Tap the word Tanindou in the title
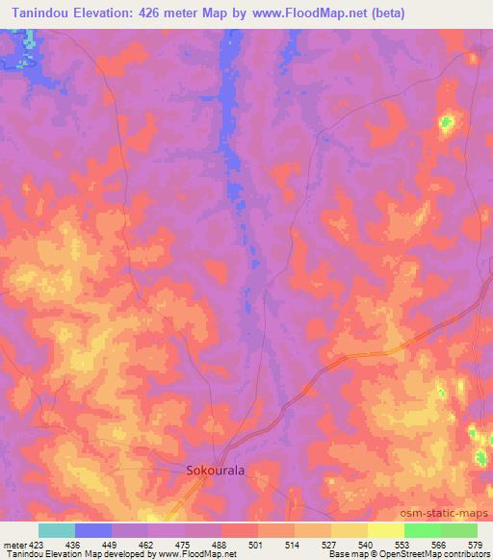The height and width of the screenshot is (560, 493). coord(39,13)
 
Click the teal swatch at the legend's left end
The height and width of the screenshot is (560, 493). coord(57,530)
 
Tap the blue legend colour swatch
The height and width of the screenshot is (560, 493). coord(93,530)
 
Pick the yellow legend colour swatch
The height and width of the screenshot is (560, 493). coord(386,530)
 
